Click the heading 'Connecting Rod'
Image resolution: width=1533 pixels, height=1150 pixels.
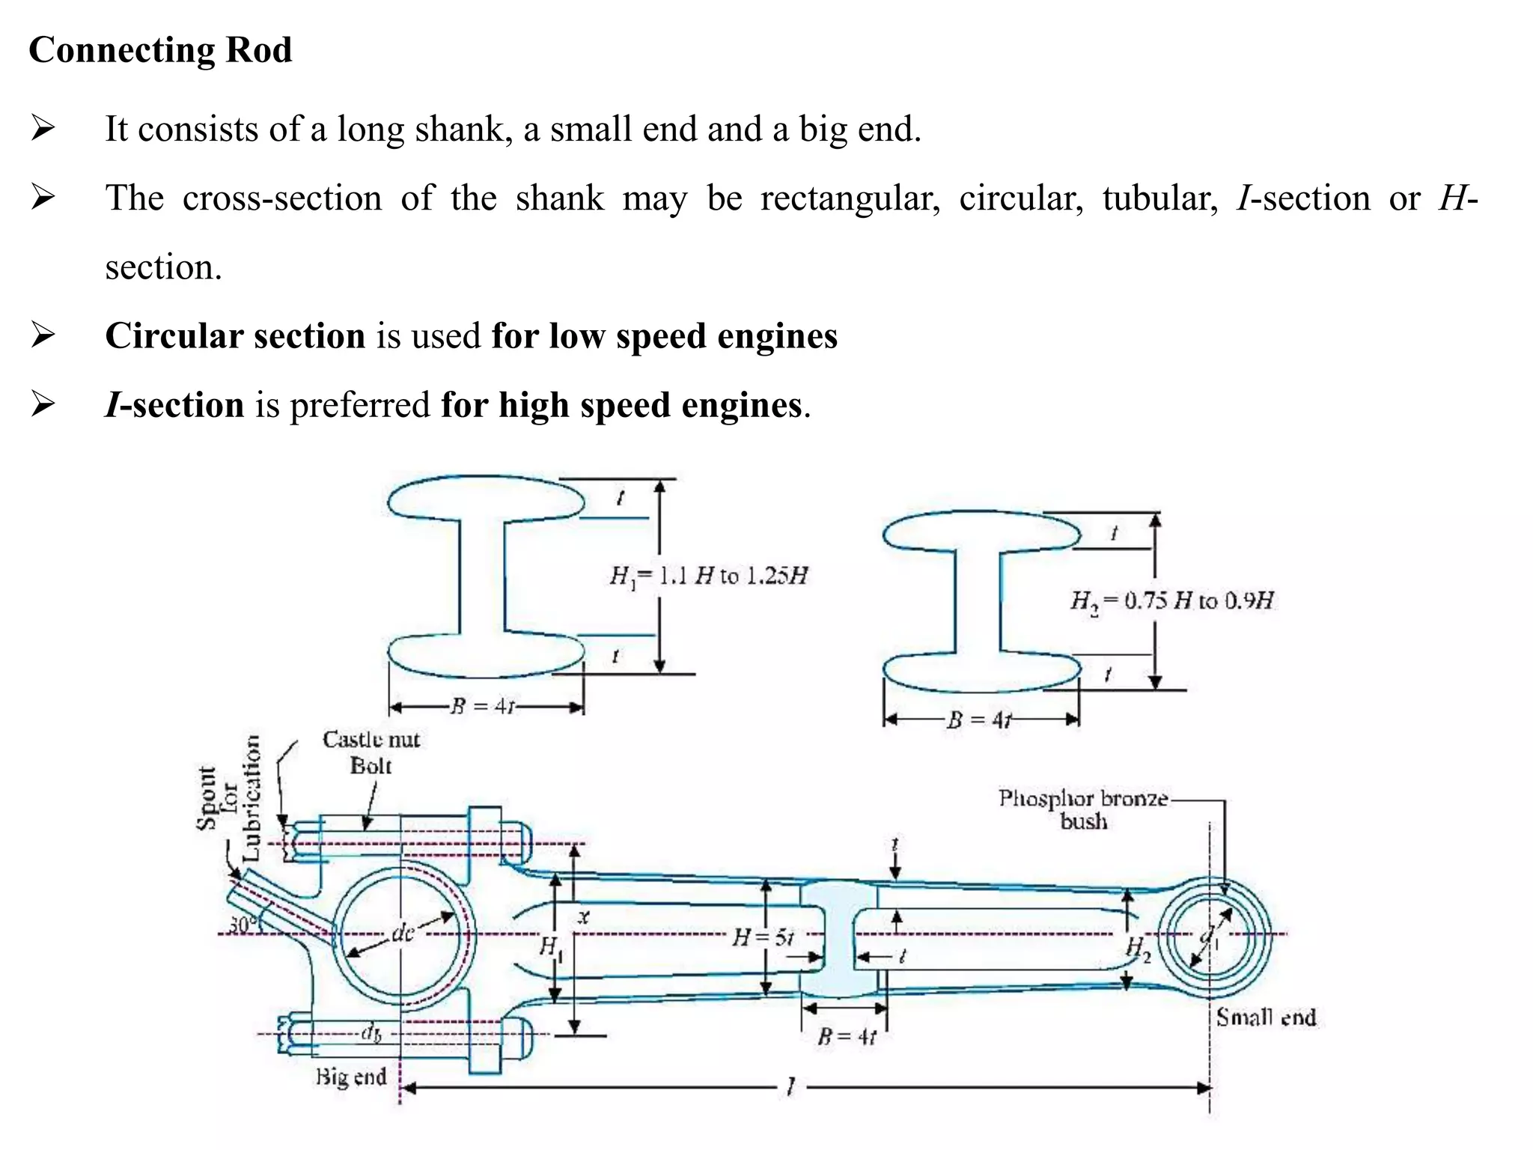(160, 51)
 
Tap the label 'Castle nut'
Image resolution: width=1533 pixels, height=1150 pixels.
(371, 740)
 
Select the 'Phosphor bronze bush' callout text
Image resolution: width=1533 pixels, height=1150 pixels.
(1082, 809)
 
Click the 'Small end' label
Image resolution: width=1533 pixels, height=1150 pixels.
(1266, 1017)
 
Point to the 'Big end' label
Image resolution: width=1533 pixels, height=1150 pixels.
(351, 1077)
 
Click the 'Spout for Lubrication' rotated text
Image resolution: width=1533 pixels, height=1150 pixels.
(228, 798)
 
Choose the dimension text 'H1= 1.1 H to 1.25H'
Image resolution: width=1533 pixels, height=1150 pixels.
(708, 576)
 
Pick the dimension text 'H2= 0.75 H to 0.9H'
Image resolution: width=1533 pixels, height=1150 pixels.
(1172, 600)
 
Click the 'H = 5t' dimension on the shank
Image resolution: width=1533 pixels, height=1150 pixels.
(762, 937)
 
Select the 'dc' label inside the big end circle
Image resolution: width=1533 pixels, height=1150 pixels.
(403, 934)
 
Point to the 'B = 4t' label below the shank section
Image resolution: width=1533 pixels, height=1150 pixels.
(846, 1037)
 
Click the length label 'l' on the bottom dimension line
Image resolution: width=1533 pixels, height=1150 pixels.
(790, 1087)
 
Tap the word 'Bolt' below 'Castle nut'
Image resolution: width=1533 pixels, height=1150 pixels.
(371, 766)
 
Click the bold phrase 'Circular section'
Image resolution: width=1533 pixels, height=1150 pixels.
(235, 335)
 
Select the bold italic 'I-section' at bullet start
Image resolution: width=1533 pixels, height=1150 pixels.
(174, 405)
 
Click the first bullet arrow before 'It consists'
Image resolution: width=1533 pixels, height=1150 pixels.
(43, 130)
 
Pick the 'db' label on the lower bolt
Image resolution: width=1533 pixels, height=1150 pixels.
(371, 1034)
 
